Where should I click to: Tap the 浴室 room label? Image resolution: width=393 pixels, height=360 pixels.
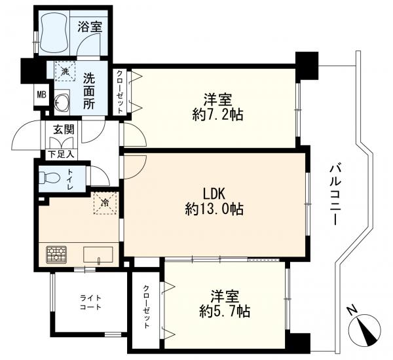pos(90,27)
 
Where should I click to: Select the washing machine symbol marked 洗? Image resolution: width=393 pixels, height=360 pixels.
pos(65,71)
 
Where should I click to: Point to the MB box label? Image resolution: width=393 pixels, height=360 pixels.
pos(42,95)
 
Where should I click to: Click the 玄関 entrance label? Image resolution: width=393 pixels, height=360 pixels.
pos(64,130)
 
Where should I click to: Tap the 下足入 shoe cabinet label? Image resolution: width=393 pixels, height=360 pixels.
pos(62,154)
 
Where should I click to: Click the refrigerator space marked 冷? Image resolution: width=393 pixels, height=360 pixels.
pos(105,203)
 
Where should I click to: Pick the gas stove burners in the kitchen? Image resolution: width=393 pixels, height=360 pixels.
pos(56,254)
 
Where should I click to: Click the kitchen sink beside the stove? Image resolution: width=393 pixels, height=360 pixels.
pos(98,255)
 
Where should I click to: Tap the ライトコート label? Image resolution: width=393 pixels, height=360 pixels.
pos(90,302)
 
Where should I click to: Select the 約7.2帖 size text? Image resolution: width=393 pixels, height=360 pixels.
pos(217,115)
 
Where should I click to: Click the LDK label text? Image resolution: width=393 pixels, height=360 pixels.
pos(214,194)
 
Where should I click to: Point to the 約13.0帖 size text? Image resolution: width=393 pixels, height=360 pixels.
pos(214,209)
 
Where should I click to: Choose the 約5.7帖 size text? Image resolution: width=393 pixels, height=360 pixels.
pos(224,312)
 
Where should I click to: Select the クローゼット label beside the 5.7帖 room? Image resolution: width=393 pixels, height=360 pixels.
pos(146,306)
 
